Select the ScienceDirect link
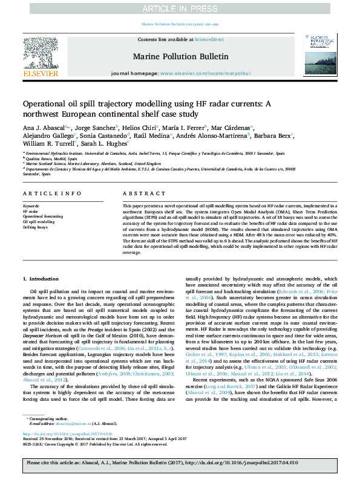click(x=209, y=39)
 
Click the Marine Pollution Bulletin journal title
click(x=180, y=57)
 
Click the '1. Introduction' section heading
click(x=41, y=279)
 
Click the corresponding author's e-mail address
click(x=69, y=423)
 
